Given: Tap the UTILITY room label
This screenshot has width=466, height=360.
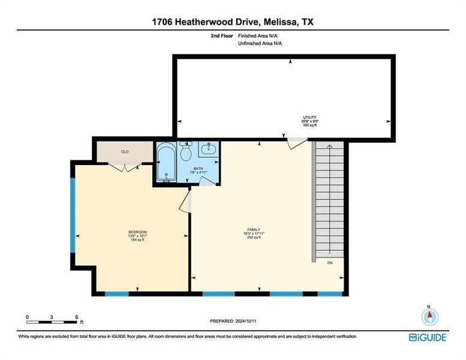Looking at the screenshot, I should click(309, 117).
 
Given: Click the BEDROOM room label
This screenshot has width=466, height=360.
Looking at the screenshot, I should click(137, 232).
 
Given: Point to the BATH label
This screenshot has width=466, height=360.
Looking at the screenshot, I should click(198, 169).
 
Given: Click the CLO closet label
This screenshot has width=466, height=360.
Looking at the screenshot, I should click(125, 152).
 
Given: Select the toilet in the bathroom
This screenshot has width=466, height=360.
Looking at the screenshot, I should click(186, 153).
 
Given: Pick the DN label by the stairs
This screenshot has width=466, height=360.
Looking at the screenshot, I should click(330, 262).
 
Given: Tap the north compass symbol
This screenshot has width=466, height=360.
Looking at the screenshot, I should click(429, 316).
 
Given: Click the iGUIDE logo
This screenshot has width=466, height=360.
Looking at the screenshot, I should click(428, 337).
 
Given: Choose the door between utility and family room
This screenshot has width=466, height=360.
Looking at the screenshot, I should click(296, 143).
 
